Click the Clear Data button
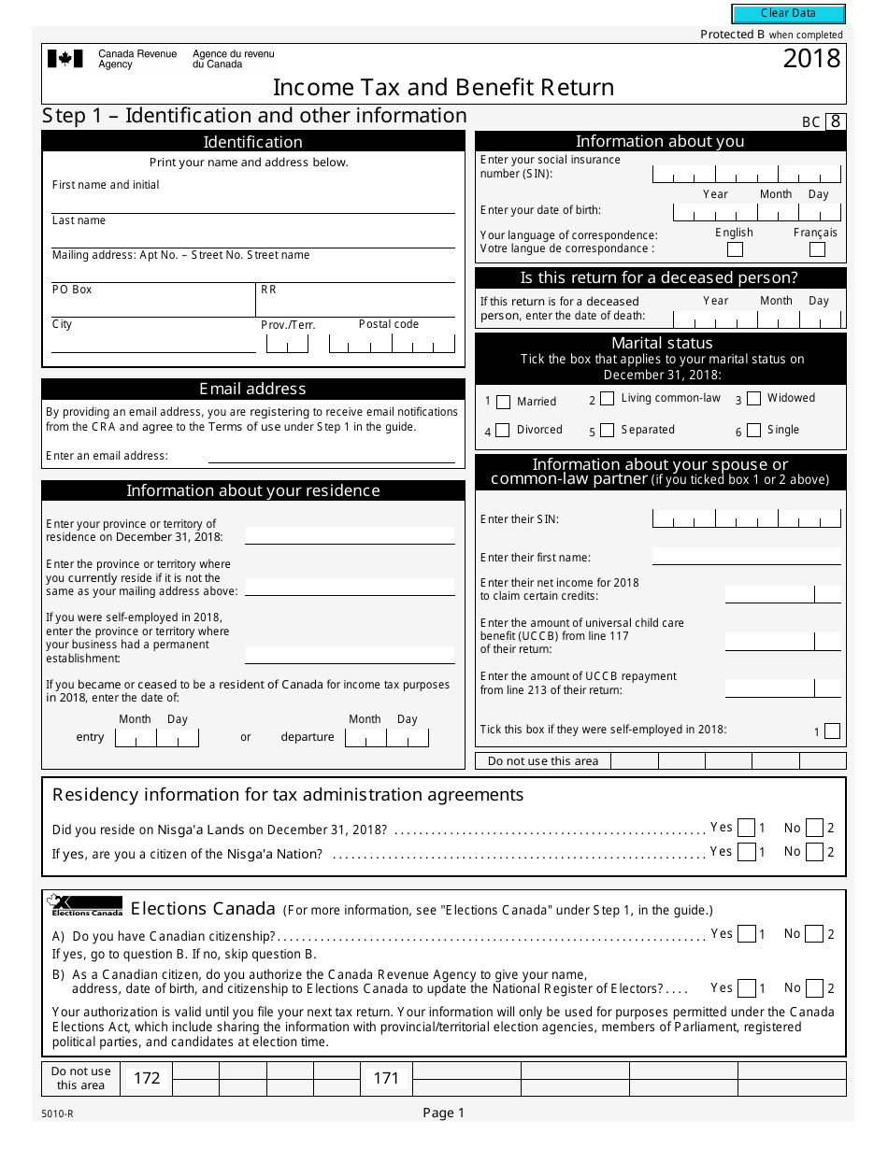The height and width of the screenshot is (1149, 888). pyautogui.click(x=788, y=14)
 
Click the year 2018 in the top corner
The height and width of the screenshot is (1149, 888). pyautogui.click(x=811, y=59)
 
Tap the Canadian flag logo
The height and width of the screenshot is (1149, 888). pyautogui.click(x=64, y=59)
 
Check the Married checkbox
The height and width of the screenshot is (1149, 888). pyautogui.click(x=503, y=403)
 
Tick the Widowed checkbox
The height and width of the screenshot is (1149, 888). pyautogui.click(x=753, y=399)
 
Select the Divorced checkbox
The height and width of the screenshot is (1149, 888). pyautogui.click(x=503, y=431)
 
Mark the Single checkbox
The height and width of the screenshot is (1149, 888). pyautogui.click(x=753, y=431)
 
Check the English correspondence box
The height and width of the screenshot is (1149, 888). pyautogui.click(x=735, y=249)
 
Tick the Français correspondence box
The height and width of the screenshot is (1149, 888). pyautogui.click(x=817, y=249)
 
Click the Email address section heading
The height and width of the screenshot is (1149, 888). pyautogui.click(x=252, y=389)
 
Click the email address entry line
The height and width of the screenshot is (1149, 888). pyautogui.click(x=331, y=457)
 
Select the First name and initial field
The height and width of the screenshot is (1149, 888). pyautogui.click(x=252, y=204)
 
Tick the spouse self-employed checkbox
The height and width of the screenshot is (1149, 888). pyautogui.click(x=832, y=731)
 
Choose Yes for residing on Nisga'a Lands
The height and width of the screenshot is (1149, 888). pyautogui.click(x=746, y=828)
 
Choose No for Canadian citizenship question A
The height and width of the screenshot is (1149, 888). pyautogui.click(x=814, y=934)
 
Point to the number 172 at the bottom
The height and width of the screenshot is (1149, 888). pyautogui.click(x=147, y=1078)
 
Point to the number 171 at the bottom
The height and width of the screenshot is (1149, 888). pyautogui.click(x=386, y=1078)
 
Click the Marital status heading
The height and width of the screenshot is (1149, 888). pyautogui.click(x=661, y=343)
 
